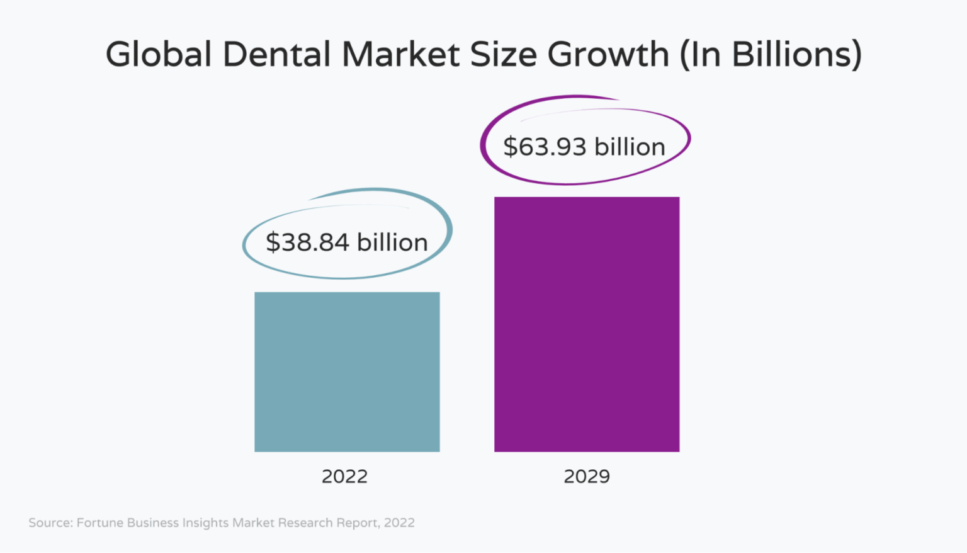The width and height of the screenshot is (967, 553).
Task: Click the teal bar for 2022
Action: click(347, 372)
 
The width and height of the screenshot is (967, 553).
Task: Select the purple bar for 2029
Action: click(587, 324)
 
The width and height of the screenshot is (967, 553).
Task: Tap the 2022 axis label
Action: click(344, 476)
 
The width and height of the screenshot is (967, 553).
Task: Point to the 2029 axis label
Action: click(587, 476)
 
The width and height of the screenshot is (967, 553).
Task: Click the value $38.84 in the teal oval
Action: click(307, 242)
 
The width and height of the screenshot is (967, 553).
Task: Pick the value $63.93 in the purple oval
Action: click(545, 147)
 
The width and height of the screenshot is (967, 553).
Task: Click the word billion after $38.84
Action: click(392, 242)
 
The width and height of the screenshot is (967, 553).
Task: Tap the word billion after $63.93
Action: click(630, 147)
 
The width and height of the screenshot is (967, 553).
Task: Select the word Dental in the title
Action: click(276, 54)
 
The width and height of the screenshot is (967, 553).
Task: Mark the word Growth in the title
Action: click(608, 54)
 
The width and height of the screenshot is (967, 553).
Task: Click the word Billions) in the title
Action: click(796, 54)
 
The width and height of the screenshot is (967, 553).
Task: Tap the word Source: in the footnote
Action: click(51, 523)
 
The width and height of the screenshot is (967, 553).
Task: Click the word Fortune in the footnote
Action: click(99, 523)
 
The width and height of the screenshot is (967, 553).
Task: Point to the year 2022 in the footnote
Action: click(399, 523)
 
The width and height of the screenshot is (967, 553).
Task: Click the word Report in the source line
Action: click(360, 523)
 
